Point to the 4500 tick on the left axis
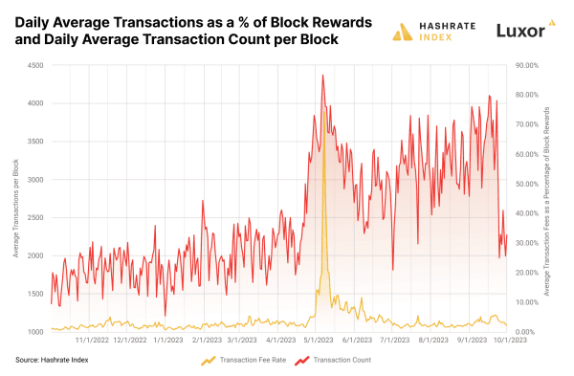tap(35, 65)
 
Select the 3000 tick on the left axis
tap(35, 179)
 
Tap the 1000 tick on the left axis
tap(35, 332)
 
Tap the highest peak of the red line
tap(322, 76)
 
